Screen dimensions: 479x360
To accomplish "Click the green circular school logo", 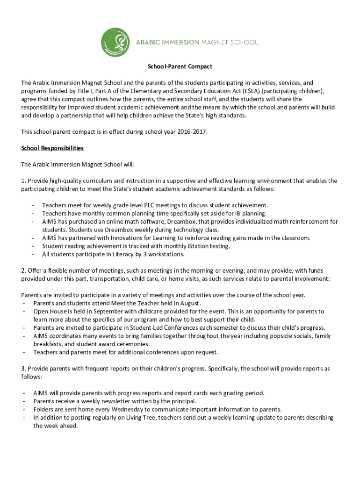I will click(x=115, y=42).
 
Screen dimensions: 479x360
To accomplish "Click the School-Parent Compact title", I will click(x=180, y=67).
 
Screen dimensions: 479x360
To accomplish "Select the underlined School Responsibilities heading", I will click(x=52, y=148).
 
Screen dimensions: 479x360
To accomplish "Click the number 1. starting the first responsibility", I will click(x=23, y=181).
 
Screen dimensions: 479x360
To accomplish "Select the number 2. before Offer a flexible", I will click(x=23, y=271).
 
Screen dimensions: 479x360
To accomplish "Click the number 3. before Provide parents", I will click(x=23, y=369).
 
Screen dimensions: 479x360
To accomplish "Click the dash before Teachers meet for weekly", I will click(x=32, y=205).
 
